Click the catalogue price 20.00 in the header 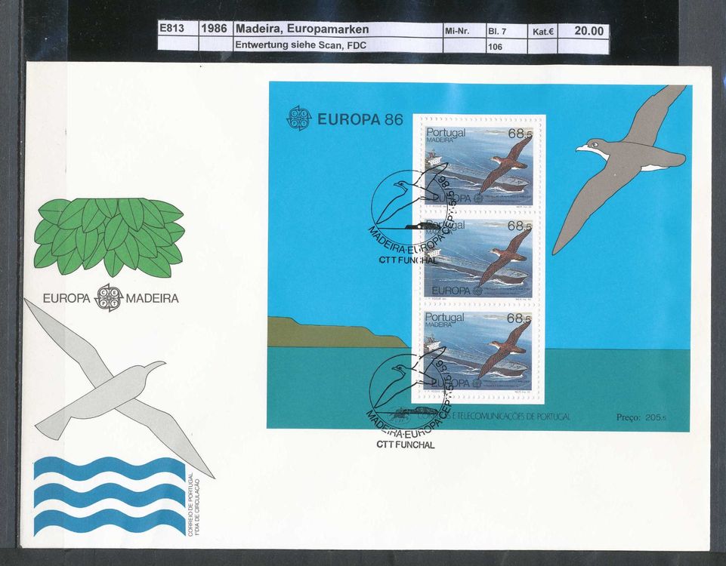click(x=589, y=30)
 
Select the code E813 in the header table click(x=175, y=29)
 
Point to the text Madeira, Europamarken click(x=302, y=29)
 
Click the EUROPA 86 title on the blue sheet click(x=360, y=118)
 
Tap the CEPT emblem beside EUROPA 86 click(x=298, y=118)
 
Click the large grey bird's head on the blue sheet click(x=593, y=146)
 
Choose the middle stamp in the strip click(x=477, y=259)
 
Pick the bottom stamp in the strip click(x=477, y=352)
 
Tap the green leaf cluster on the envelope click(x=110, y=235)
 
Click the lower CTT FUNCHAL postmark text click(x=406, y=445)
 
